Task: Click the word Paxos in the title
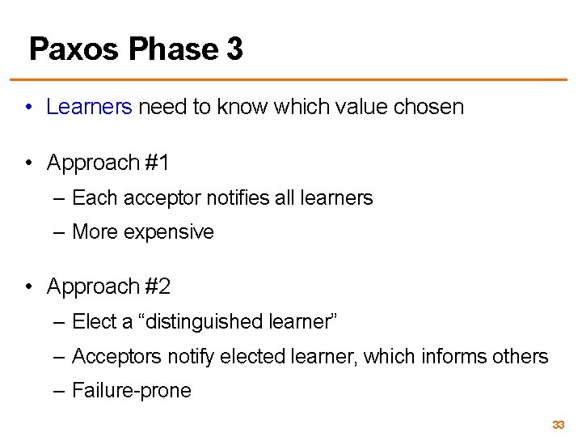(x=74, y=49)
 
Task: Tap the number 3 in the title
(x=234, y=49)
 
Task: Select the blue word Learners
(x=89, y=107)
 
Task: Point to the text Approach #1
(x=108, y=163)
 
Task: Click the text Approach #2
(x=108, y=286)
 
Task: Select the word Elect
(x=94, y=321)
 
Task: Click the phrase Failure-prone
(x=132, y=391)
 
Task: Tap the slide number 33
(x=558, y=425)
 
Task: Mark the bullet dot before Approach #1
(x=28, y=163)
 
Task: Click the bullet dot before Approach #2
(x=28, y=287)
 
